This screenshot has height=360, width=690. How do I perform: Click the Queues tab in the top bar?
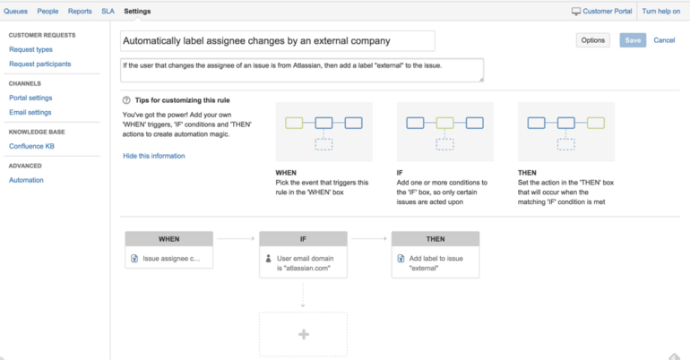coord(15,12)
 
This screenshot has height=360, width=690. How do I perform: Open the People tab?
coord(47,12)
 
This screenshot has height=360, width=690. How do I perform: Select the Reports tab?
coord(80,12)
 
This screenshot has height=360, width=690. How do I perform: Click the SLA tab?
coord(108,12)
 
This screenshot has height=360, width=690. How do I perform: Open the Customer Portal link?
coord(602,12)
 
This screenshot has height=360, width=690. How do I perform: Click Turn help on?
coord(660,12)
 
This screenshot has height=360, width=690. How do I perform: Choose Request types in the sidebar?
coord(30,49)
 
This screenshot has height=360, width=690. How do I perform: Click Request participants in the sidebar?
coord(39,64)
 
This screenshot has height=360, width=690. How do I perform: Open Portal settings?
coord(30,98)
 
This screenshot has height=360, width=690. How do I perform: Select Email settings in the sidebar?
coord(30,113)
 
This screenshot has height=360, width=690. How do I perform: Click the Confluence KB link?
coord(32,146)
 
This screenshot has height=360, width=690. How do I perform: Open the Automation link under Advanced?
coord(26,180)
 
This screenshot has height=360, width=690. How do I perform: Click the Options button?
coord(592,40)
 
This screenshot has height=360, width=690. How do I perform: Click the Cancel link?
coord(664,40)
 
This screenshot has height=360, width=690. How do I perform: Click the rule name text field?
coord(277,41)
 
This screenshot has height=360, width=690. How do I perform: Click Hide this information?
coord(154,156)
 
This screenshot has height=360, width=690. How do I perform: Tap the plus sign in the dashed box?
coord(303,334)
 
